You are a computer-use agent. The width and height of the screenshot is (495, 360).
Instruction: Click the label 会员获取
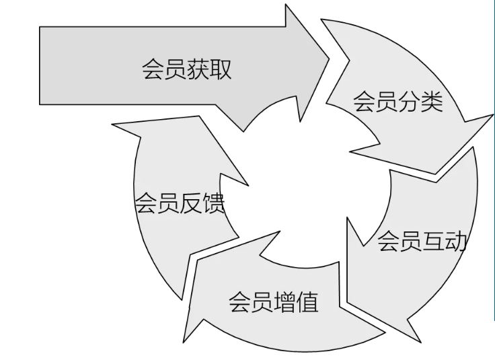pos(186,70)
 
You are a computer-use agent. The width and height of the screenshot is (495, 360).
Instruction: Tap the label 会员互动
pos(422,241)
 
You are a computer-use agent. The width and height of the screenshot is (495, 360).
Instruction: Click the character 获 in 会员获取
pos(198,70)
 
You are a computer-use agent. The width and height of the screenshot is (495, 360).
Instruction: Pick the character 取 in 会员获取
pos(221,70)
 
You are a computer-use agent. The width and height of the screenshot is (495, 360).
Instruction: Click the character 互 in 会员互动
pos(433,241)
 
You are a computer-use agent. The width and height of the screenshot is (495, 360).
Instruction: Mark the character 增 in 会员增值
pos(285,302)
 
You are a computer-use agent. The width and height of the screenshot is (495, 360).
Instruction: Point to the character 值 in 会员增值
pos(307,302)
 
